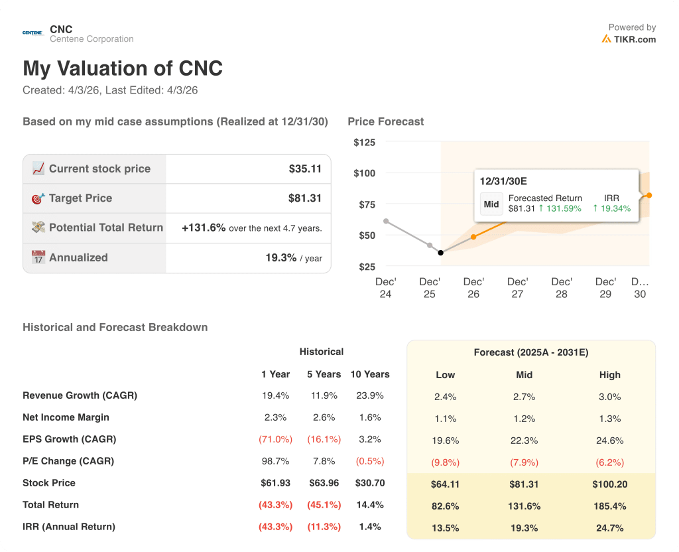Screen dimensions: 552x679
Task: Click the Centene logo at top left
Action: click(32, 33)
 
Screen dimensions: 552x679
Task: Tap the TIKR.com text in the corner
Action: click(635, 39)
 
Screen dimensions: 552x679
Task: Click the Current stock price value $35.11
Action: click(305, 169)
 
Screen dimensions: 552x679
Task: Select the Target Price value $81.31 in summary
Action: click(305, 198)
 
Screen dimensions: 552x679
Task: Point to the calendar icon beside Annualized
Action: click(38, 257)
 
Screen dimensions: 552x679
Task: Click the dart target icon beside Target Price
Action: click(38, 198)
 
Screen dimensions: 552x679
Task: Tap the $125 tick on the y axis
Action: click(364, 142)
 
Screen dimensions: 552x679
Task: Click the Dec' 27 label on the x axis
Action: click(517, 288)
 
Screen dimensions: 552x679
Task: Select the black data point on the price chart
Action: click(441, 253)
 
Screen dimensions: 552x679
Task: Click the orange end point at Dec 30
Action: click(648, 195)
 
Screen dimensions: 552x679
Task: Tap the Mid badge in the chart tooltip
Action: click(491, 204)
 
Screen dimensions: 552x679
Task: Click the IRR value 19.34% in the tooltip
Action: click(615, 208)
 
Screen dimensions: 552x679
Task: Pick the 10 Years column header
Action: click(370, 374)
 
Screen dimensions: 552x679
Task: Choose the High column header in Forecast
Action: click(609, 375)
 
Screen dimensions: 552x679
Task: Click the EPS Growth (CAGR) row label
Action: click(69, 439)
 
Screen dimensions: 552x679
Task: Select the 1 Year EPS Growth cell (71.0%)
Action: click(276, 439)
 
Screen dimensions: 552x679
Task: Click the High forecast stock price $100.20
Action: click(609, 484)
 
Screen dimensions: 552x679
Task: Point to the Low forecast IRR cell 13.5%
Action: click(445, 527)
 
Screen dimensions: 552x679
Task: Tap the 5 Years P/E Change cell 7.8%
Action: click(324, 461)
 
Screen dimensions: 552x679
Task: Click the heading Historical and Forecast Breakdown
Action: click(115, 327)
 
